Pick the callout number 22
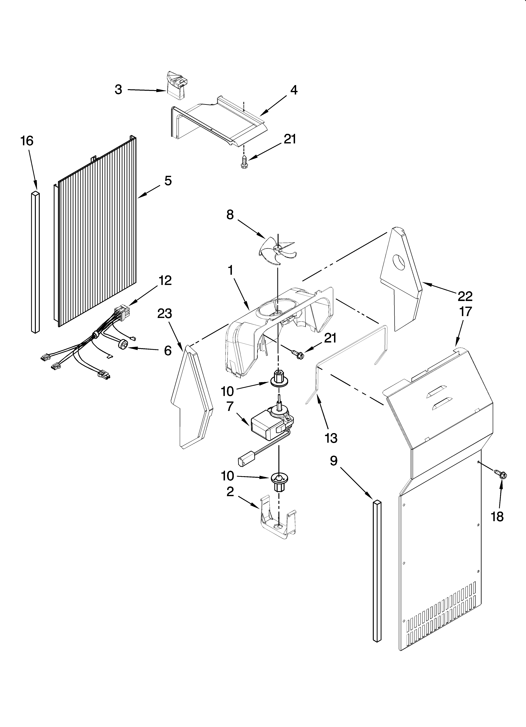click(465, 296)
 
